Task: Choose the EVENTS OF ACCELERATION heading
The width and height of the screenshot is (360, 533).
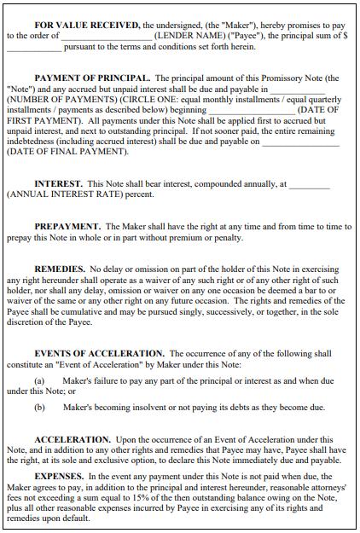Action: coord(100,353)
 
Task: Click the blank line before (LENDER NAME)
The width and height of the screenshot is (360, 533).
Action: coord(106,36)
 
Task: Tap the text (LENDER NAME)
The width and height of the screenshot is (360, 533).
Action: coord(187,36)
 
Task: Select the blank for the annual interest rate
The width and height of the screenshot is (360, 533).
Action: coord(310,183)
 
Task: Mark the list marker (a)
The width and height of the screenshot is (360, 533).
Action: coord(39,380)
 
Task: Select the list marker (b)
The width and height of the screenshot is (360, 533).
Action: coord(39,407)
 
